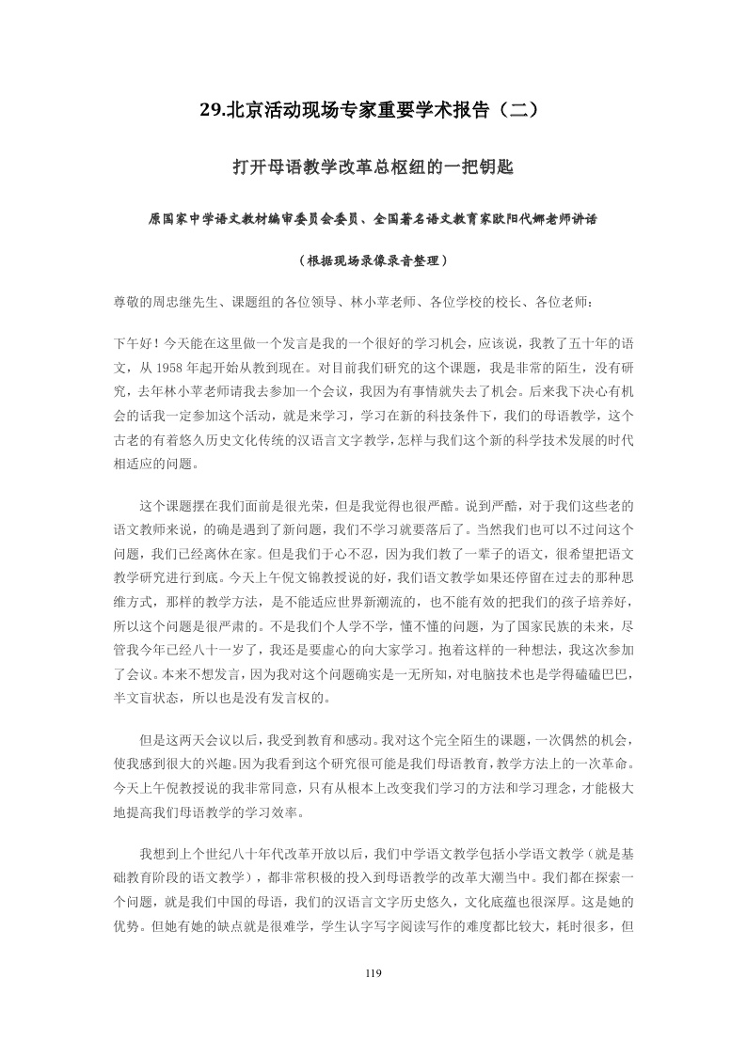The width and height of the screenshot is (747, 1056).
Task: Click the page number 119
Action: point(373,973)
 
